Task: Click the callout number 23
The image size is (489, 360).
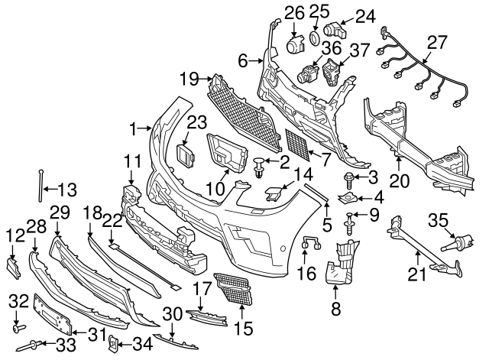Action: pyautogui.click(x=198, y=122)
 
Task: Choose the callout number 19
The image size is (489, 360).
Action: pyautogui.click(x=189, y=78)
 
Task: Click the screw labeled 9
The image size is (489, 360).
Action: pyautogui.click(x=350, y=224)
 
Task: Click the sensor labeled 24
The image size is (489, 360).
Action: pyautogui.click(x=335, y=31)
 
